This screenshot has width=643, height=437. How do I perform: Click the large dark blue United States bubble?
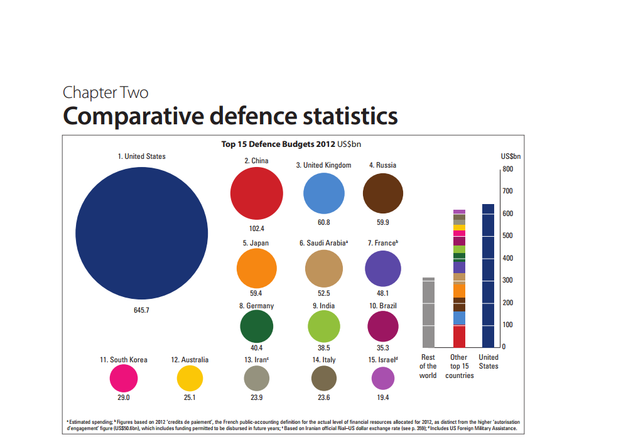tap(141, 233)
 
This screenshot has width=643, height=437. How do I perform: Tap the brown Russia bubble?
tap(383, 194)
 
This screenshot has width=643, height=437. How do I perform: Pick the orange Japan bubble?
tap(256, 269)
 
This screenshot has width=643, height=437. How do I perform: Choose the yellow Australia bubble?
tap(190, 379)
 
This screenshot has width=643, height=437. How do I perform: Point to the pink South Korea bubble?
tap(124, 379)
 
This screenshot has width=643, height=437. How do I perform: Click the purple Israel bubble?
tap(383, 379)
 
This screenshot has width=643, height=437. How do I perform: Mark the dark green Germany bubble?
tap(256, 326)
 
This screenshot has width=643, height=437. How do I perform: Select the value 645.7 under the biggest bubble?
tap(141, 310)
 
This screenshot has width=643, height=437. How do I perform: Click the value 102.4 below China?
tap(256, 229)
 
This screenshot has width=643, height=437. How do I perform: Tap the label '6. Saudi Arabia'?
tap(323, 243)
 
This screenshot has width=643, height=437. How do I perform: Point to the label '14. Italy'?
tap(324, 360)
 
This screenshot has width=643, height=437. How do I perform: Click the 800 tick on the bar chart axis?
tap(507, 169)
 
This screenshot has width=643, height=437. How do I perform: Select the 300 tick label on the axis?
tap(507, 280)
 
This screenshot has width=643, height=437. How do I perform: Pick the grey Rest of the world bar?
tap(428, 313)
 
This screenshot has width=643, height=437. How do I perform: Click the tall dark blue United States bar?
tap(488, 276)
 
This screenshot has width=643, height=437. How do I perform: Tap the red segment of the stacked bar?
tap(459, 337)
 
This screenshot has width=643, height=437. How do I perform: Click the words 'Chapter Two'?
tap(105, 93)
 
